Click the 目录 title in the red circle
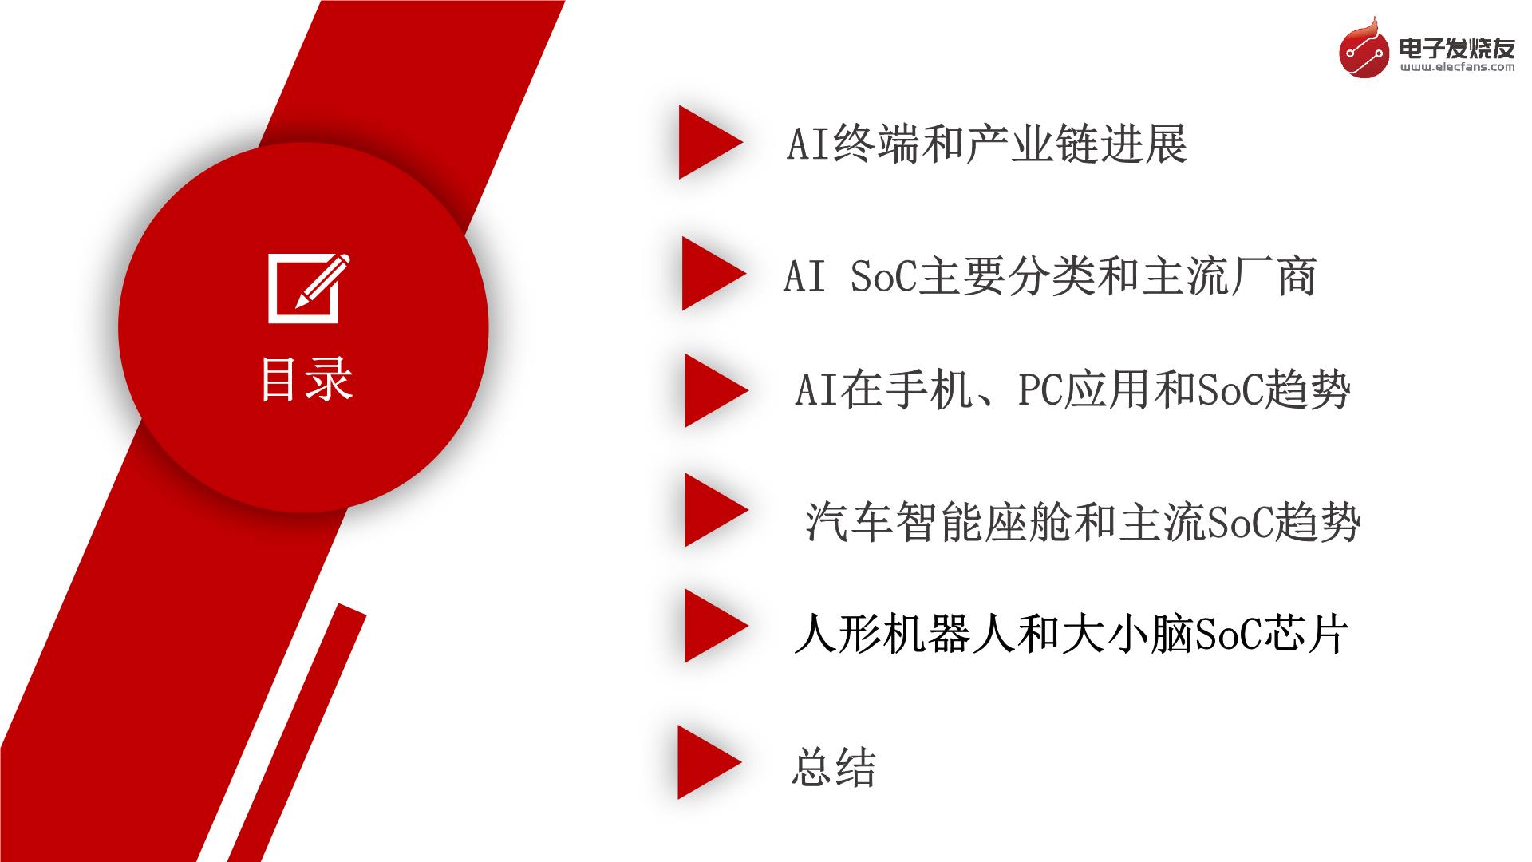pyautogui.click(x=307, y=379)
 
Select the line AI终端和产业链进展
pyautogui.click(x=988, y=145)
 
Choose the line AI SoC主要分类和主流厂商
pyautogui.click(x=1050, y=277)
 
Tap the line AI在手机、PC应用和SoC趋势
pyautogui.click(x=1072, y=390)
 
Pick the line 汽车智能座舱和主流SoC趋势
pyautogui.click(x=1083, y=522)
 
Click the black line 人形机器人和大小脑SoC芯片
pyautogui.click(x=1072, y=635)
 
